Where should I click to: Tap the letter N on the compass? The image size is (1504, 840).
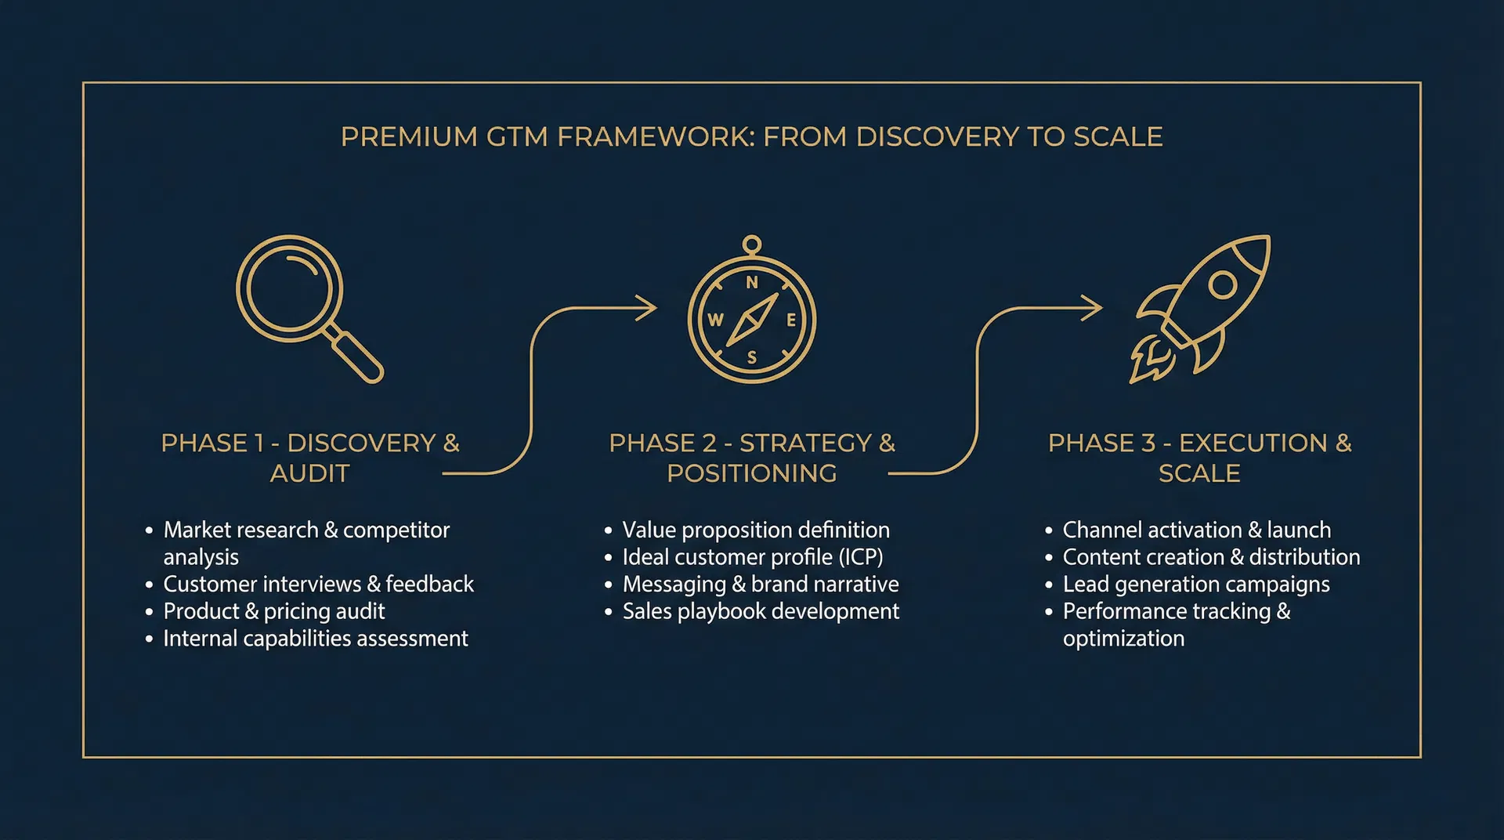click(x=752, y=283)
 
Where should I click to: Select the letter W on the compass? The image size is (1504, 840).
click(x=715, y=320)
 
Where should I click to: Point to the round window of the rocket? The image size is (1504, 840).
click(x=1222, y=284)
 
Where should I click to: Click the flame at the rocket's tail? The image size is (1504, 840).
click(x=1148, y=361)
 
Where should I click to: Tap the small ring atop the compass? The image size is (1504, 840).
click(x=752, y=245)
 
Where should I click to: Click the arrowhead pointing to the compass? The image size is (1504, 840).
click(x=647, y=308)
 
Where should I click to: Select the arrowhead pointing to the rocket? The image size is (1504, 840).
click(x=1093, y=308)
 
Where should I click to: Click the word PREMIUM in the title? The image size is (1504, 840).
click(x=409, y=137)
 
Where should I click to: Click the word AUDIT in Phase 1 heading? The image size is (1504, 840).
click(x=309, y=473)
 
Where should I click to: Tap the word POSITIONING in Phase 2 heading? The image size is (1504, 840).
click(x=751, y=473)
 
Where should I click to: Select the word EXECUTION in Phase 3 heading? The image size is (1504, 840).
click(x=1253, y=444)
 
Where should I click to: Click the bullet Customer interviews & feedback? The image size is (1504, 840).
click(x=318, y=584)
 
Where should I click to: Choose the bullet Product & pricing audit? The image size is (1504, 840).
click(x=273, y=611)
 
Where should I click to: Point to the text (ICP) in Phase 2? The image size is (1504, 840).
click(x=861, y=557)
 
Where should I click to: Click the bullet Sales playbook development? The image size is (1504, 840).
click(x=760, y=611)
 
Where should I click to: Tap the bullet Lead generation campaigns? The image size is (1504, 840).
click(x=1195, y=585)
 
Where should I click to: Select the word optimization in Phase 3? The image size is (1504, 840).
click(x=1123, y=639)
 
